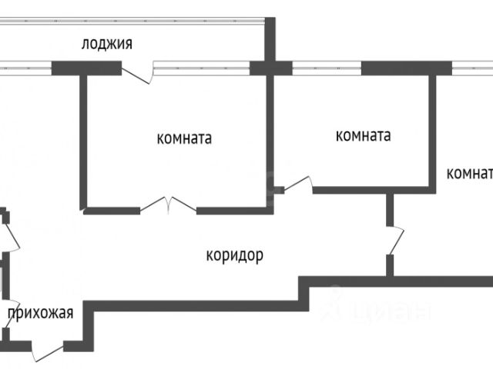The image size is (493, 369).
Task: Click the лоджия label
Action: tap(107, 44)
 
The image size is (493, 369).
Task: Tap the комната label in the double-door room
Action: tap(184, 139)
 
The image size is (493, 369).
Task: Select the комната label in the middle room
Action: tap(363, 136)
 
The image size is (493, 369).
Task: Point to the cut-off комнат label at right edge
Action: tap(469, 172)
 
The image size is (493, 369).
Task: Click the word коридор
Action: tap(235, 254)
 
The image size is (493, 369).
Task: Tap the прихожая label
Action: tap(40, 312)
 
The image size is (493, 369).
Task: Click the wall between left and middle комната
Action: tap(270, 138)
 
